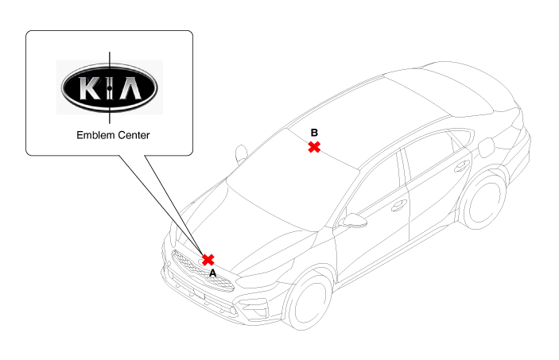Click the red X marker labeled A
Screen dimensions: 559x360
pyautogui.click(x=208, y=260)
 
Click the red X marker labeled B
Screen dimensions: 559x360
pyautogui.click(x=314, y=147)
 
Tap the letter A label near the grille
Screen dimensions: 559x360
pyautogui.click(x=212, y=273)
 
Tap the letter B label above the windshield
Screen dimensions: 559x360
pyautogui.click(x=314, y=133)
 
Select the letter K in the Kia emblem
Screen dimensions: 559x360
pyautogui.click(x=90, y=88)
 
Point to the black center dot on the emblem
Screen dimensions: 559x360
pyautogui.click(x=110, y=87)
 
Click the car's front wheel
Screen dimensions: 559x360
pyautogui.click(x=307, y=300)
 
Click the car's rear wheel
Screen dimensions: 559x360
pyautogui.click(x=483, y=201)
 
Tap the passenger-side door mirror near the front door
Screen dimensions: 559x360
pyautogui.click(x=353, y=221)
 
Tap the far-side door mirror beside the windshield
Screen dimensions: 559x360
pyautogui.click(x=242, y=154)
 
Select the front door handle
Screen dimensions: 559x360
pyautogui.click(x=399, y=205)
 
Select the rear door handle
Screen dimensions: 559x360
pyautogui.click(x=462, y=166)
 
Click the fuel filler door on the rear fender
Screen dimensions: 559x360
pyautogui.click(x=486, y=148)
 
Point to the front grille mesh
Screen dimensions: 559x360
pyautogui.click(x=201, y=272)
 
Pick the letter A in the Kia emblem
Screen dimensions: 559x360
pyautogui.click(x=130, y=88)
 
